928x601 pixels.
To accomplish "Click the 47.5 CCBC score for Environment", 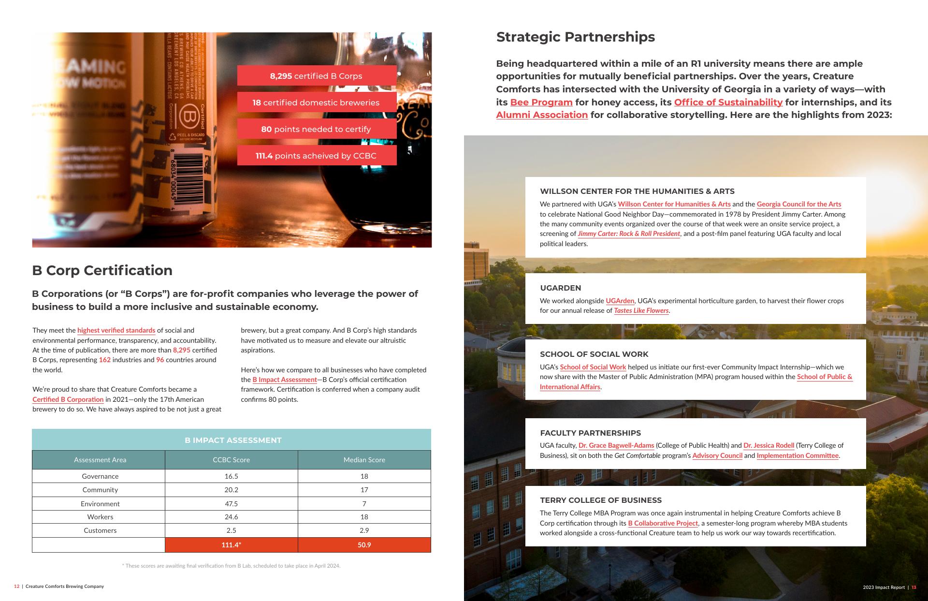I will click(x=231, y=503).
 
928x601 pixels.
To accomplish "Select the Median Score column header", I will click(x=364, y=460).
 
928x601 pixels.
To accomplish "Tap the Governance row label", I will click(x=100, y=476).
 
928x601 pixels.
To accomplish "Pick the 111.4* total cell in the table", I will click(x=231, y=545).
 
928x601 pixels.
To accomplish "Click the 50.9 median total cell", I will click(x=364, y=545).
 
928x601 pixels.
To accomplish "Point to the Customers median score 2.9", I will click(x=364, y=530).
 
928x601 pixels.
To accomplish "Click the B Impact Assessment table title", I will click(x=233, y=440).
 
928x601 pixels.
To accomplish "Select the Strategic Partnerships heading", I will click(x=575, y=37).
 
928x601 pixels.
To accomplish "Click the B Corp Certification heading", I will click(x=102, y=270).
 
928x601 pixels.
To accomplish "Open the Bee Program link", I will click(x=541, y=102).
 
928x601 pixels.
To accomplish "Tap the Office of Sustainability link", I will click(x=728, y=102).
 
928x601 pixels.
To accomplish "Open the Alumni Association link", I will click(x=542, y=115).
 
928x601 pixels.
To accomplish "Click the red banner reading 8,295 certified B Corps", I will click(x=317, y=76).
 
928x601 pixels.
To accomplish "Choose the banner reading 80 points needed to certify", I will click(x=317, y=129).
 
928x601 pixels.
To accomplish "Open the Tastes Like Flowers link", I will click(x=641, y=310).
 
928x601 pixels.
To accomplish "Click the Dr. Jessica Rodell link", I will click(x=768, y=445).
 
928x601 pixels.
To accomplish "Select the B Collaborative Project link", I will click(x=663, y=523).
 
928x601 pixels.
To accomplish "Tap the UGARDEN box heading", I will click(x=560, y=288).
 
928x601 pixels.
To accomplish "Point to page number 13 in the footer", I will click(x=913, y=587).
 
